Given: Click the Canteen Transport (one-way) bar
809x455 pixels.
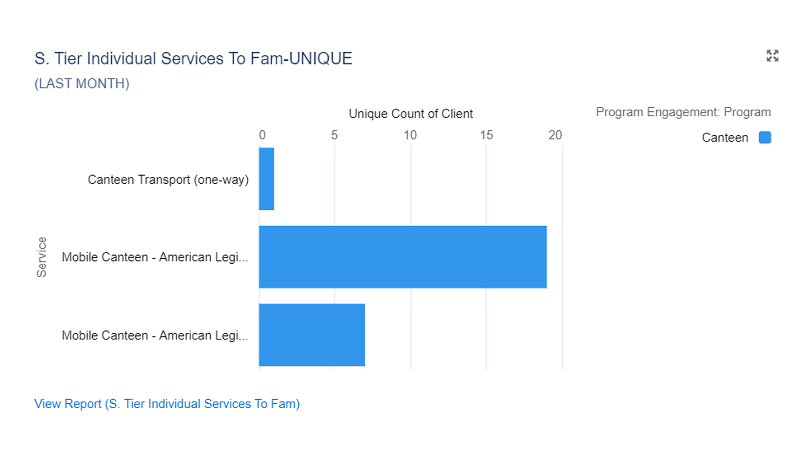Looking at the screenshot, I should [266, 179].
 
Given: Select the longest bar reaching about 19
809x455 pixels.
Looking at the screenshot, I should [402, 257].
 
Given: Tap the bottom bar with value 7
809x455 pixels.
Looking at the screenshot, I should [312, 335].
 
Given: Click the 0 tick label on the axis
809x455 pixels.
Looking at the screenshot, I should [262, 135].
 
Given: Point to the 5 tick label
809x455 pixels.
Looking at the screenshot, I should [334, 135].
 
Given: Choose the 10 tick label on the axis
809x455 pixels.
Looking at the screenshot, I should [410, 135].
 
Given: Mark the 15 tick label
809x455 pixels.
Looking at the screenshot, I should [486, 135].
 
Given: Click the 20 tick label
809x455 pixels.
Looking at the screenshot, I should [555, 135].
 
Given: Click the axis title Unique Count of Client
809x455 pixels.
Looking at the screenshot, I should [410, 114].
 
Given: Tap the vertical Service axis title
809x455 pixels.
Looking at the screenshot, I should [41, 257].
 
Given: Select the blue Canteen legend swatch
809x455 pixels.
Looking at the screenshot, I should [765, 138].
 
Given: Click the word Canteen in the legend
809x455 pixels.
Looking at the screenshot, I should [725, 138].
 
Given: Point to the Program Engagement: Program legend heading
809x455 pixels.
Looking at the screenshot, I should [683, 112].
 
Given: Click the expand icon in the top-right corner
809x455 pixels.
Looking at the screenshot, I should [772, 56].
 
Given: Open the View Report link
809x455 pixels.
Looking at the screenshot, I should [167, 404].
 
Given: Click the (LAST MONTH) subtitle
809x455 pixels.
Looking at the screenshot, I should [82, 83].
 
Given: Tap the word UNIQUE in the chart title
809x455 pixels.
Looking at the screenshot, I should [321, 59].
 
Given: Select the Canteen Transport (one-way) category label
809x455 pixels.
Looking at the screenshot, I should [168, 179].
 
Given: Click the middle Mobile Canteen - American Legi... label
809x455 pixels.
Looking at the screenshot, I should [155, 257].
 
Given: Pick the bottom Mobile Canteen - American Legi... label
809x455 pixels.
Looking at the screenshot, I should [155, 335].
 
